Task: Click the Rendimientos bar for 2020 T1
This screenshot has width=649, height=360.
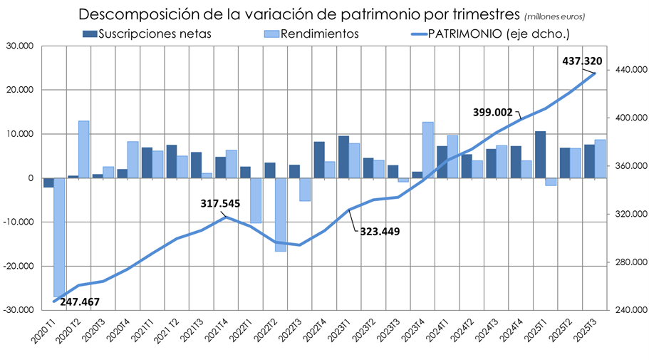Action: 59,237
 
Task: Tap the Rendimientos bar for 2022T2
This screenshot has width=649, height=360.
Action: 281,215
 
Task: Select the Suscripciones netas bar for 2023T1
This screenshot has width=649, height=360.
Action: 343,157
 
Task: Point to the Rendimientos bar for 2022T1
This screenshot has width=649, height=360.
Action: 256,200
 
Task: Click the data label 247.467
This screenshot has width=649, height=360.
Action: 80,302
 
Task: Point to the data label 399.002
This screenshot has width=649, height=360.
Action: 493,112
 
